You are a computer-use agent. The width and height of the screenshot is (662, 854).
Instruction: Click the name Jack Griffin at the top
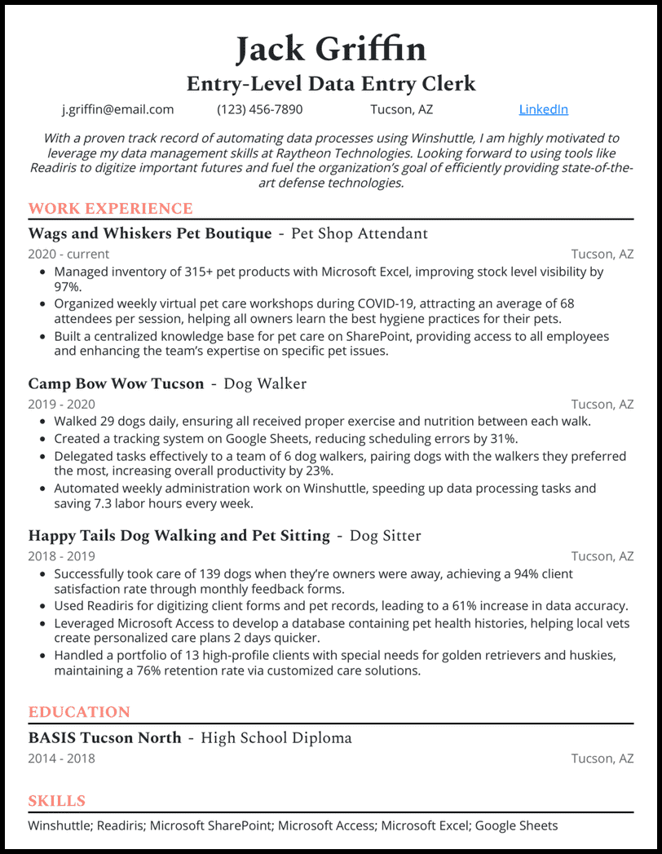pyautogui.click(x=331, y=49)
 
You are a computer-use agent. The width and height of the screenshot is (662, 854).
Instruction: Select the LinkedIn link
pyautogui.click(x=543, y=109)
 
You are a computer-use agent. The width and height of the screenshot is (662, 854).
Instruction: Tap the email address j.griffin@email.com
pyautogui.click(x=118, y=109)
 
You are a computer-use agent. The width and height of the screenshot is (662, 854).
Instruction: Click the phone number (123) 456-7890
pyautogui.click(x=259, y=109)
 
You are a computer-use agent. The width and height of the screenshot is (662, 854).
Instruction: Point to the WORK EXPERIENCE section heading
pyautogui.click(x=110, y=209)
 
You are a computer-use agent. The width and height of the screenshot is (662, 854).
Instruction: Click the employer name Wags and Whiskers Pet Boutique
pyautogui.click(x=150, y=234)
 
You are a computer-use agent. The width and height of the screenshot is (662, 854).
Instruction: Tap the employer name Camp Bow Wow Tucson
pyautogui.click(x=116, y=383)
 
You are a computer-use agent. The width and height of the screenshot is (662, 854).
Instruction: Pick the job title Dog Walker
pyautogui.click(x=265, y=383)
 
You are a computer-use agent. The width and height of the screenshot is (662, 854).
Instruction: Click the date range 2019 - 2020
pyautogui.click(x=61, y=405)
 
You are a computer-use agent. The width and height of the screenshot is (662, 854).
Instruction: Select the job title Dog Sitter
pyautogui.click(x=385, y=536)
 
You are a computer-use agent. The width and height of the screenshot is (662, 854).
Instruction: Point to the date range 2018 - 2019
pyautogui.click(x=61, y=556)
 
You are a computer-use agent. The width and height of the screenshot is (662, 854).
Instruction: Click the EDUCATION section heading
pyautogui.click(x=79, y=712)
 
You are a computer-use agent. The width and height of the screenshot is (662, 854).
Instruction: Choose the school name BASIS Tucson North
pyautogui.click(x=104, y=738)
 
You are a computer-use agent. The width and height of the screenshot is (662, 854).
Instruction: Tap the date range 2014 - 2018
pyautogui.click(x=61, y=759)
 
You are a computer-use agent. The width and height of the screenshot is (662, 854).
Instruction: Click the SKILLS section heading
pyautogui.click(x=56, y=801)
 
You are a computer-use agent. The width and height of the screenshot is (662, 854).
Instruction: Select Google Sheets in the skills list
pyautogui.click(x=516, y=825)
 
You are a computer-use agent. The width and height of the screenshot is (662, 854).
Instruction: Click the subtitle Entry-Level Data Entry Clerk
pyautogui.click(x=331, y=83)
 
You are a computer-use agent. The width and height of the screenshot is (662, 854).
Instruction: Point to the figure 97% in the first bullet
pyautogui.click(x=68, y=287)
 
